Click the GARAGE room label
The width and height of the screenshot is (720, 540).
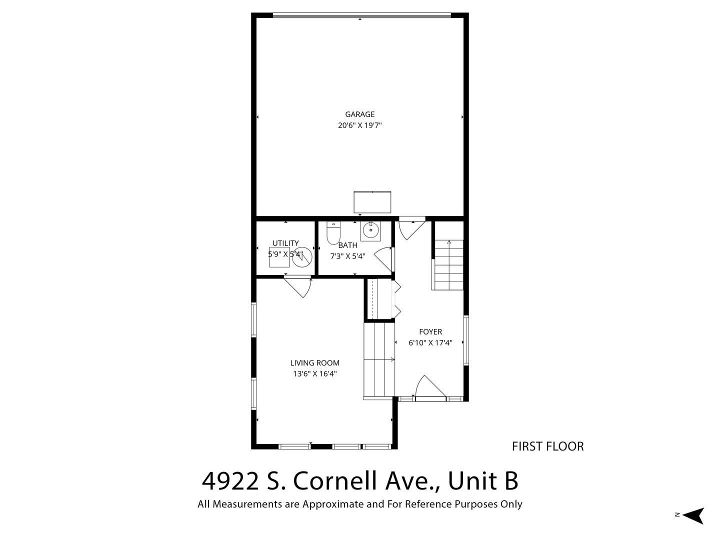359,114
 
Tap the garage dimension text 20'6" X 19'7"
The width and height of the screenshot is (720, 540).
360,125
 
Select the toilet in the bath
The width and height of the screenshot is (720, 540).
333,233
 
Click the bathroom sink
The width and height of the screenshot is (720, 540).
370,231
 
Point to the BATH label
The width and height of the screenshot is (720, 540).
347,245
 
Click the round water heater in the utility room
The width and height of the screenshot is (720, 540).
302,256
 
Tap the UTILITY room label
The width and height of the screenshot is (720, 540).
285,243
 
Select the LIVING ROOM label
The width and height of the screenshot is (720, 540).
314,363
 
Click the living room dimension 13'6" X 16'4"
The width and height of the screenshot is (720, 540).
315,374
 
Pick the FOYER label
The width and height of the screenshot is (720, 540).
430,332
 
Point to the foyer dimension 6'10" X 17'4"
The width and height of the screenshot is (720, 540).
430,342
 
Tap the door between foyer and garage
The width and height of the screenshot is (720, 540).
412,228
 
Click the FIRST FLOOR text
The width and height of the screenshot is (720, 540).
548,446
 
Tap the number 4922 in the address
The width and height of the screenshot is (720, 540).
230,481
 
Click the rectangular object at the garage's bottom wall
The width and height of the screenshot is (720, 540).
372,202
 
